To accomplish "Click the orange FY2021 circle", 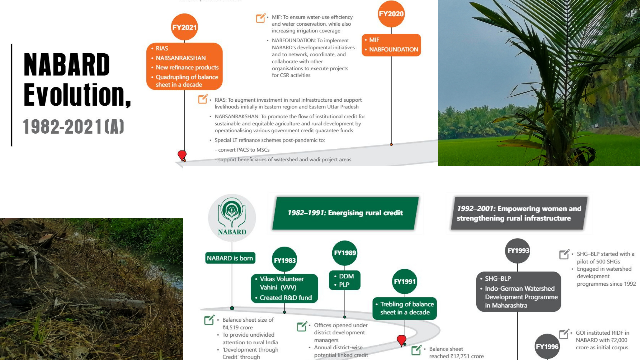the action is tap(184, 27).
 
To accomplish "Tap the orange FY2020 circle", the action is tap(391, 14).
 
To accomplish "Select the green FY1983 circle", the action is tap(285, 260).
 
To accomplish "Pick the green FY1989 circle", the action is tap(345, 253).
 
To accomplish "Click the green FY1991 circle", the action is tap(405, 281).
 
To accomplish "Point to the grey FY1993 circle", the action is tap(518, 251).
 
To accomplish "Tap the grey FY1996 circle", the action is tap(547, 347).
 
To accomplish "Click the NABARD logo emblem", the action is tap(232, 218).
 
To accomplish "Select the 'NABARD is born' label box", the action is tap(230, 258).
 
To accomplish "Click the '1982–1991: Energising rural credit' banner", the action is tap(345, 213).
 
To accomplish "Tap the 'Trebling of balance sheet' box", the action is tap(405, 308).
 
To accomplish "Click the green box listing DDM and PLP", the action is tap(345, 280).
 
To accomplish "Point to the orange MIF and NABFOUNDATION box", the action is tap(391, 45).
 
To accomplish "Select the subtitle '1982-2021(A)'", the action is tap(74, 127).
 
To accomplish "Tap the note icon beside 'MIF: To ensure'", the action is tap(261, 18).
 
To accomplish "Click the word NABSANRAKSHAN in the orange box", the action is tap(181, 58).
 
